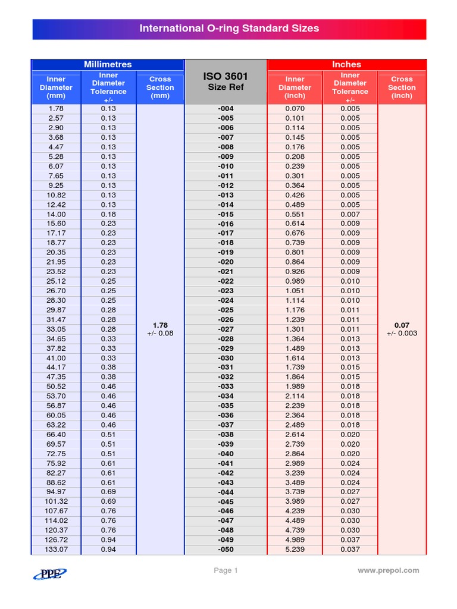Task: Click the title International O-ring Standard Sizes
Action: click(x=229, y=29)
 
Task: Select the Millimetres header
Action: click(x=108, y=64)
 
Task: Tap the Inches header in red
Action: click(x=346, y=64)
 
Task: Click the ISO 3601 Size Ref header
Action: click(x=226, y=81)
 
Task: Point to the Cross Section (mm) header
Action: click(x=160, y=87)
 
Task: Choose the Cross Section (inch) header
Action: click(x=402, y=87)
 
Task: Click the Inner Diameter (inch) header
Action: click(x=295, y=87)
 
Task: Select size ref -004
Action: click(x=226, y=109)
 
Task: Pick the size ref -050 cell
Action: click(x=226, y=550)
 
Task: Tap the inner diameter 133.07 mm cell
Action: click(x=56, y=550)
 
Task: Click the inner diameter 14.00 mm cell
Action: click(x=56, y=214)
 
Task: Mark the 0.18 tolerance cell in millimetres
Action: click(x=108, y=214)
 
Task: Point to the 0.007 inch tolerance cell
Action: click(x=350, y=214)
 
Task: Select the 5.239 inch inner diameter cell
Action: click(x=295, y=550)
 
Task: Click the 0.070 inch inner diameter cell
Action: click(x=295, y=109)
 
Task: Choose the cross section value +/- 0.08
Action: click(x=160, y=334)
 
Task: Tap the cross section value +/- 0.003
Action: click(x=402, y=334)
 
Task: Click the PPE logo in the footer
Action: click(x=49, y=573)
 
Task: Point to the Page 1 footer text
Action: click(x=226, y=570)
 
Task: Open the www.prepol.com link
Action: click(x=388, y=570)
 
